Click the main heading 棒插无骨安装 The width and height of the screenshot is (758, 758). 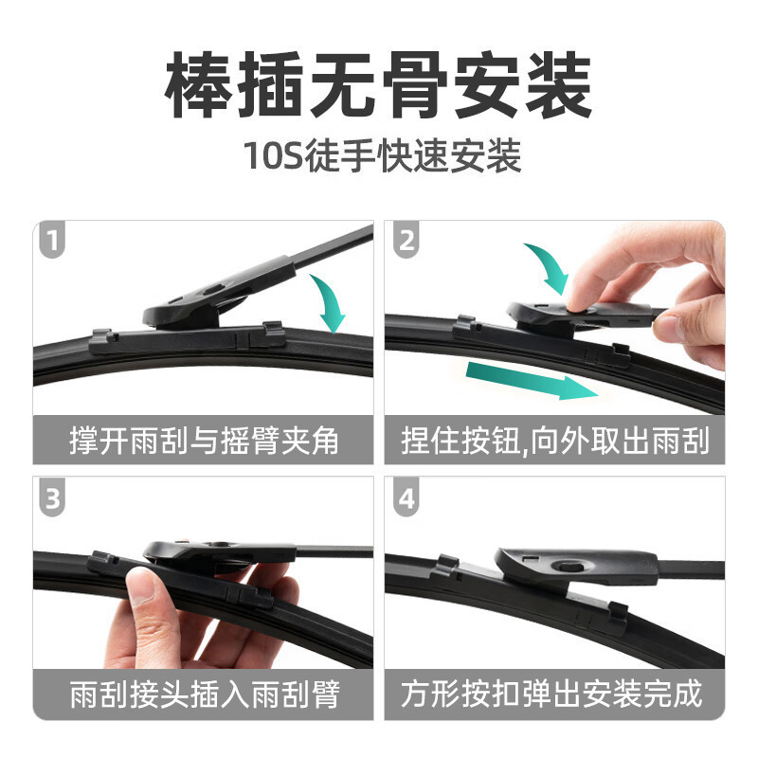(x=378, y=85)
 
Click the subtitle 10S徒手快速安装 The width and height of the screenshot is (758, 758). (x=383, y=155)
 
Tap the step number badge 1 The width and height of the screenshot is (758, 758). (x=52, y=240)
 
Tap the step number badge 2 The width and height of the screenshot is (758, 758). (x=406, y=240)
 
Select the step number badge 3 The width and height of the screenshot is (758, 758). (x=52, y=498)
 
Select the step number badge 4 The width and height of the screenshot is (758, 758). (x=406, y=498)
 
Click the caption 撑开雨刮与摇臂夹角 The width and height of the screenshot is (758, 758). (x=204, y=441)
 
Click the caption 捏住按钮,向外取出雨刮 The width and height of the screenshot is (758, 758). (x=555, y=441)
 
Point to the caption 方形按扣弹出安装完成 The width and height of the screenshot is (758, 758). (x=551, y=695)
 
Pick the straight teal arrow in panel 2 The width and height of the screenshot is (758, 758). (x=532, y=381)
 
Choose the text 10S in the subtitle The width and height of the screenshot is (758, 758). (x=274, y=155)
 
